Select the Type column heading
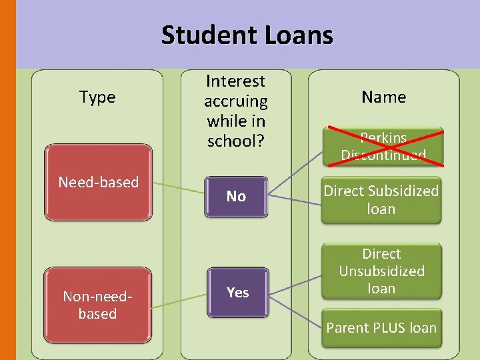tap(97, 97)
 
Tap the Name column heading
tap(383, 97)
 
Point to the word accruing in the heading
tap(235, 101)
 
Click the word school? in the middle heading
tap(235, 141)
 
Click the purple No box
tap(236, 196)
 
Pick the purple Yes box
tap(237, 292)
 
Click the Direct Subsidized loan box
tap(381, 199)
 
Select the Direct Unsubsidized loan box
tap(381, 271)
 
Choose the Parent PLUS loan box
tap(381, 327)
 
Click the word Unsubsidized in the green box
tap(381, 271)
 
